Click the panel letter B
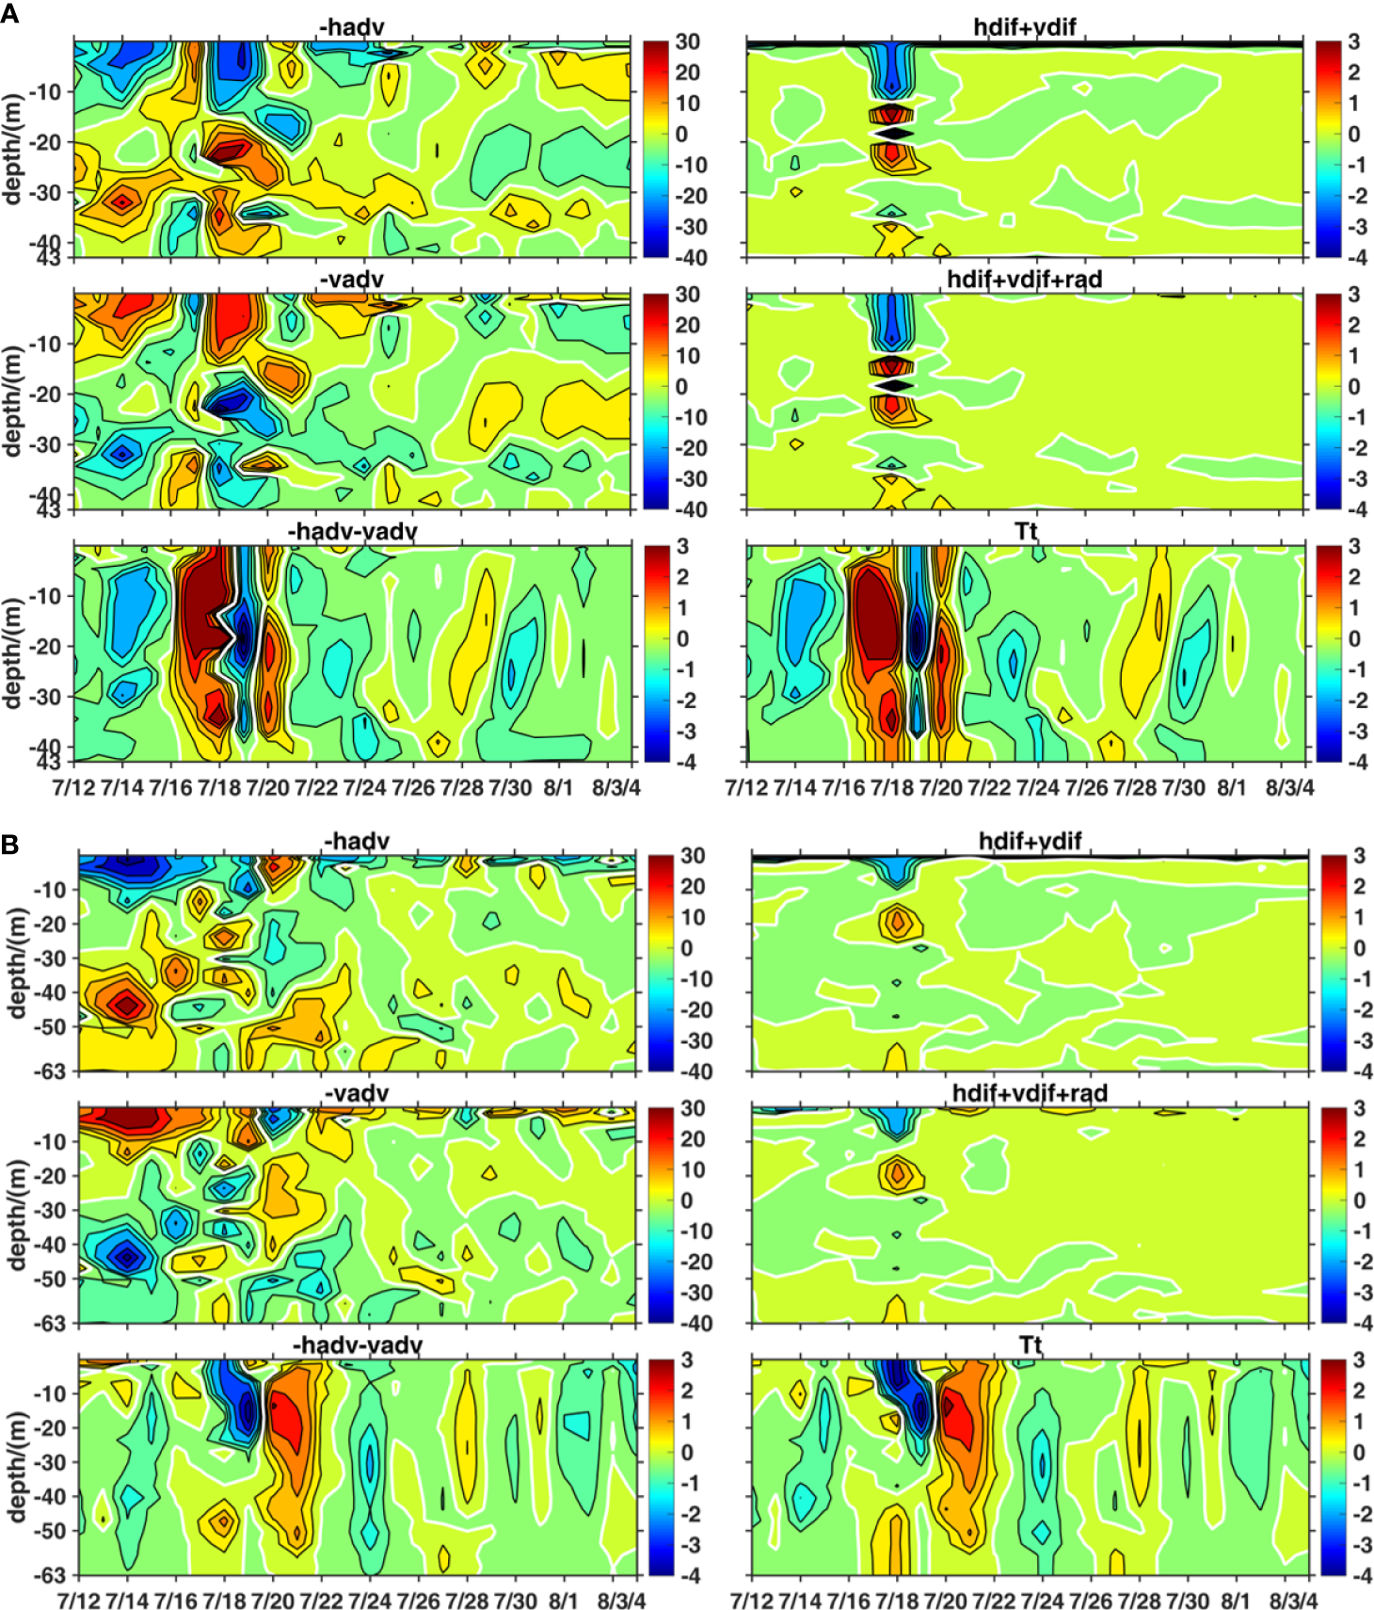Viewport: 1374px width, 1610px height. click(x=10, y=844)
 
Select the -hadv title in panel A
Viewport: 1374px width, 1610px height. click(x=352, y=27)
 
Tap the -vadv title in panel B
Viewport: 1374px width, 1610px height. click(x=356, y=1093)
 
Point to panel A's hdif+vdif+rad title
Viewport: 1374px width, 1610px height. click(x=1024, y=280)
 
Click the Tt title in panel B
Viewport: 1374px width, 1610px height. click(x=1030, y=1344)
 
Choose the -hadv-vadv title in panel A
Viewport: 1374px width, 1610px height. click(x=352, y=532)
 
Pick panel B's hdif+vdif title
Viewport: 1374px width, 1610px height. click(x=1030, y=841)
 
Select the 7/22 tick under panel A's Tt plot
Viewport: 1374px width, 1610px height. click(x=988, y=787)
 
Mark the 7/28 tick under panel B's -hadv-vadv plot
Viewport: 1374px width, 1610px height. click(x=467, y=1601)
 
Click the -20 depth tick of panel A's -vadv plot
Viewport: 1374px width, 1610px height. click(x=46, y=394)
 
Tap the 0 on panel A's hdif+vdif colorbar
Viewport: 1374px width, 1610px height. click(x=1353, y=134)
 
